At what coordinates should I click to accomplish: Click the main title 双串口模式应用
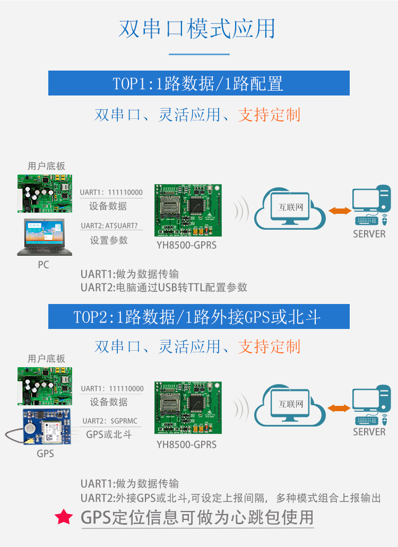(x=197, y=29)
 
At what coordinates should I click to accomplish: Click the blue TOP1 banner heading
(x=199, y=83)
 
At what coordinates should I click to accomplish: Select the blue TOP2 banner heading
(x=199, y=316)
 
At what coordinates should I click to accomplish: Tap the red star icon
(x=64, y=517)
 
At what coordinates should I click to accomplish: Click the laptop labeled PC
(x=45, y=237)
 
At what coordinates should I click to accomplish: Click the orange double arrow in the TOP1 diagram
(x=340, y=210)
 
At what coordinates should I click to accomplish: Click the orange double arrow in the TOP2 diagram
(x=340, y=408)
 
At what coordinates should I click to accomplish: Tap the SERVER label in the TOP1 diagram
(x=369, y=234)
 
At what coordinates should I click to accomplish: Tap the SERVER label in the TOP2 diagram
(x=369, y=432)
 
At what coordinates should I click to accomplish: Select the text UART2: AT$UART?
(x=109, y=225)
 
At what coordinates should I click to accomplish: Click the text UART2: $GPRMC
(x=110, y=421)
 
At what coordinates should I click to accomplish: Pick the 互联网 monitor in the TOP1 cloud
(x=290, y=209)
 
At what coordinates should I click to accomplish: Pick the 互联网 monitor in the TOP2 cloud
(x=290, y=405)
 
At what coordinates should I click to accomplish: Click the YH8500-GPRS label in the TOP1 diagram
(x=187, y=245)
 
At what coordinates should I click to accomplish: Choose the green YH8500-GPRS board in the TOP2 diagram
(x=188, y=408)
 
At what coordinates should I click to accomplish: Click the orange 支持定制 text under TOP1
(x=269, y=115)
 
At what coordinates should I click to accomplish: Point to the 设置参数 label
(x=109, y=240)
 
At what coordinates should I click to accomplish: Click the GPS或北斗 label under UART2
(x=109, y=435)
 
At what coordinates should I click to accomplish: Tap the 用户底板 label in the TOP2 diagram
(x=46, y=359)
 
